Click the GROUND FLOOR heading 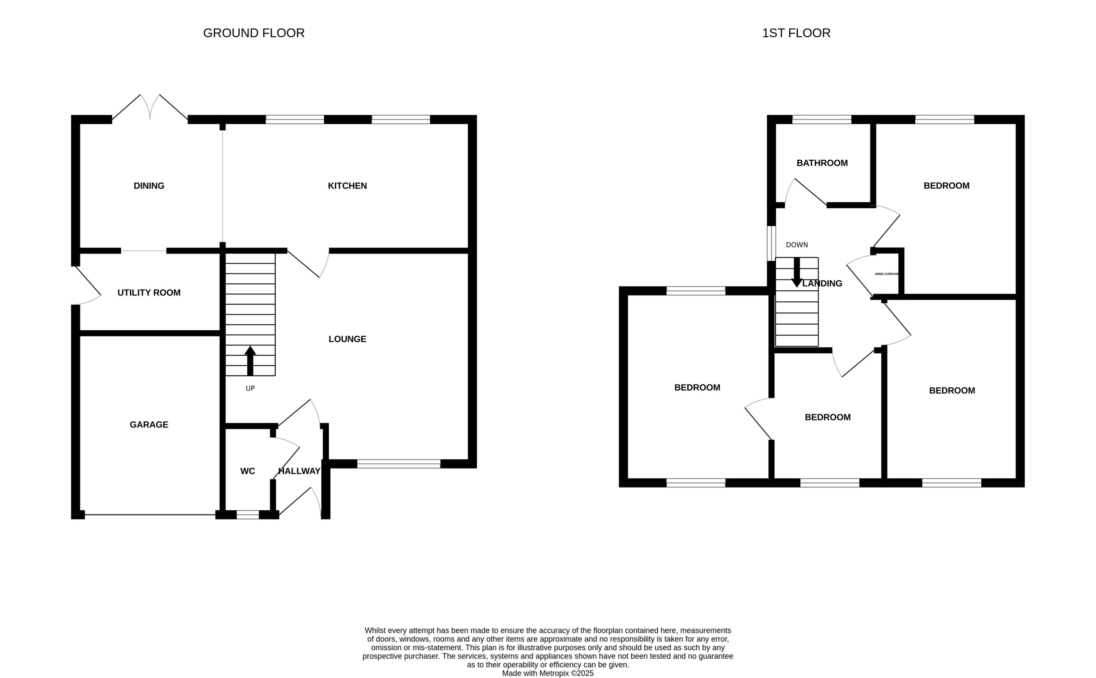point(254,33)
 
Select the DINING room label point(149,186)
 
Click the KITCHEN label point(347,186)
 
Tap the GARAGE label point(149,425)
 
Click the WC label point(247,471)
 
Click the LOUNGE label point(347,339)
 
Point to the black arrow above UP point(250,361)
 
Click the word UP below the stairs point(250,388)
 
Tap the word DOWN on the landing point(797,245)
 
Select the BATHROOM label point(822,163)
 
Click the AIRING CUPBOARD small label point(886,274)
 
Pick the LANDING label point(823,284)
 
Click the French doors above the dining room point(150,107)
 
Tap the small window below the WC point(247,515)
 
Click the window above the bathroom point(821,119)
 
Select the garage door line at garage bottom point(150,515)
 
